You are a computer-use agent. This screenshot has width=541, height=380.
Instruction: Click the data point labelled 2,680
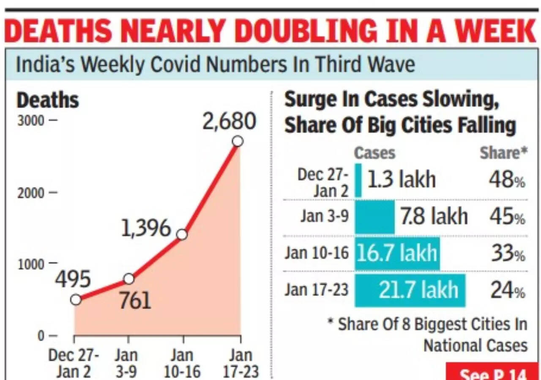[x=238, y=141]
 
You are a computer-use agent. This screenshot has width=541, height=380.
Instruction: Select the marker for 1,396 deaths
[x=182, y=235]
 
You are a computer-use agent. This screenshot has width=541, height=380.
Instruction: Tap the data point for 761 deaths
[x=129, y=279]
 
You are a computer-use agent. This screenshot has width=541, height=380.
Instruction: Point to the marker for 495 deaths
[x=76, y=299]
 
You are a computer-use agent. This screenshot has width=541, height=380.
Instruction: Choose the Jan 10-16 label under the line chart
[x=182, y=364]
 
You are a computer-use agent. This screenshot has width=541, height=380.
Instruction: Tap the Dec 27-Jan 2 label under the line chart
[x=74, y=364]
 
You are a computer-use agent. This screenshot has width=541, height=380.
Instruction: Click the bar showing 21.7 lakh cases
[x=410, y=290]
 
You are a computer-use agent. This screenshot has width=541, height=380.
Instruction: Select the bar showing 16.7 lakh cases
[x=397, y=253]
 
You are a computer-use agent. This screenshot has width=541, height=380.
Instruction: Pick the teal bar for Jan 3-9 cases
[x=374, y=217]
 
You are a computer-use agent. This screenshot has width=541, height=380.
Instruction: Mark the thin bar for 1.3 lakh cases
[x=358, y=180]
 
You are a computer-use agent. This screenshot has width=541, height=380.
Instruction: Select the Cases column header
[x=374, y=153]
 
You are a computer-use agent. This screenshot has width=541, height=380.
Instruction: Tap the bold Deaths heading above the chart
[x=47, y=100]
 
